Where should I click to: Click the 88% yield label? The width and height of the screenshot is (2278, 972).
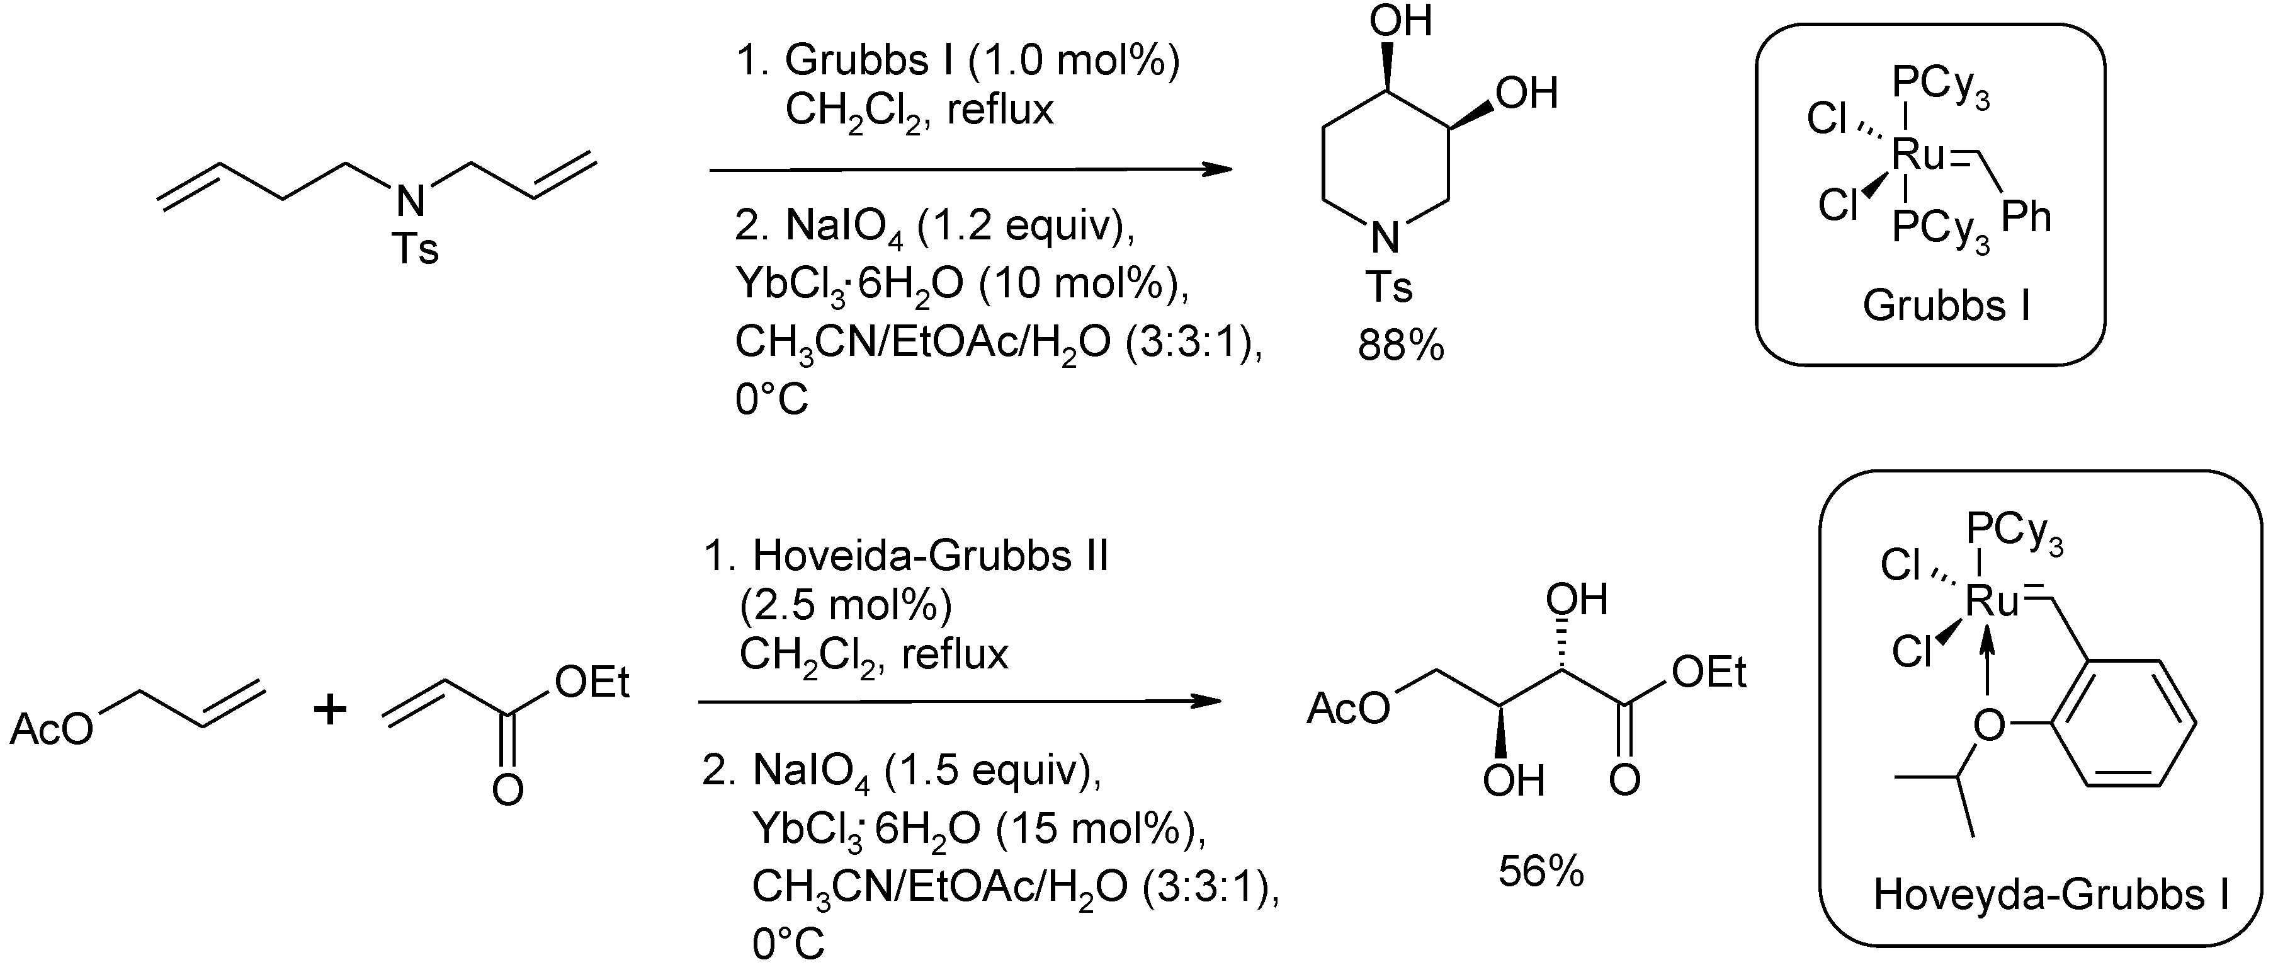(1401, 346)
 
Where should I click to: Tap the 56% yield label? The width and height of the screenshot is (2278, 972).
(1541, 872)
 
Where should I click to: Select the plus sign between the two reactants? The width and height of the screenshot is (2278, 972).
(330, 709)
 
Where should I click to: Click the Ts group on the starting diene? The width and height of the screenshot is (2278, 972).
(415, 249)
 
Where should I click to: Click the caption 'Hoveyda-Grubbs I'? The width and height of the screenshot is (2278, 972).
(2051, 894)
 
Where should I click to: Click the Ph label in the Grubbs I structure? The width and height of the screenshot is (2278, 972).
(2026, 217)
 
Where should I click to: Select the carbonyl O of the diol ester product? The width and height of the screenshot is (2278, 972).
(1624, 780)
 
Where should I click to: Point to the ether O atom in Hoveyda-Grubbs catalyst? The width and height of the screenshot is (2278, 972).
(1989, 725)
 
